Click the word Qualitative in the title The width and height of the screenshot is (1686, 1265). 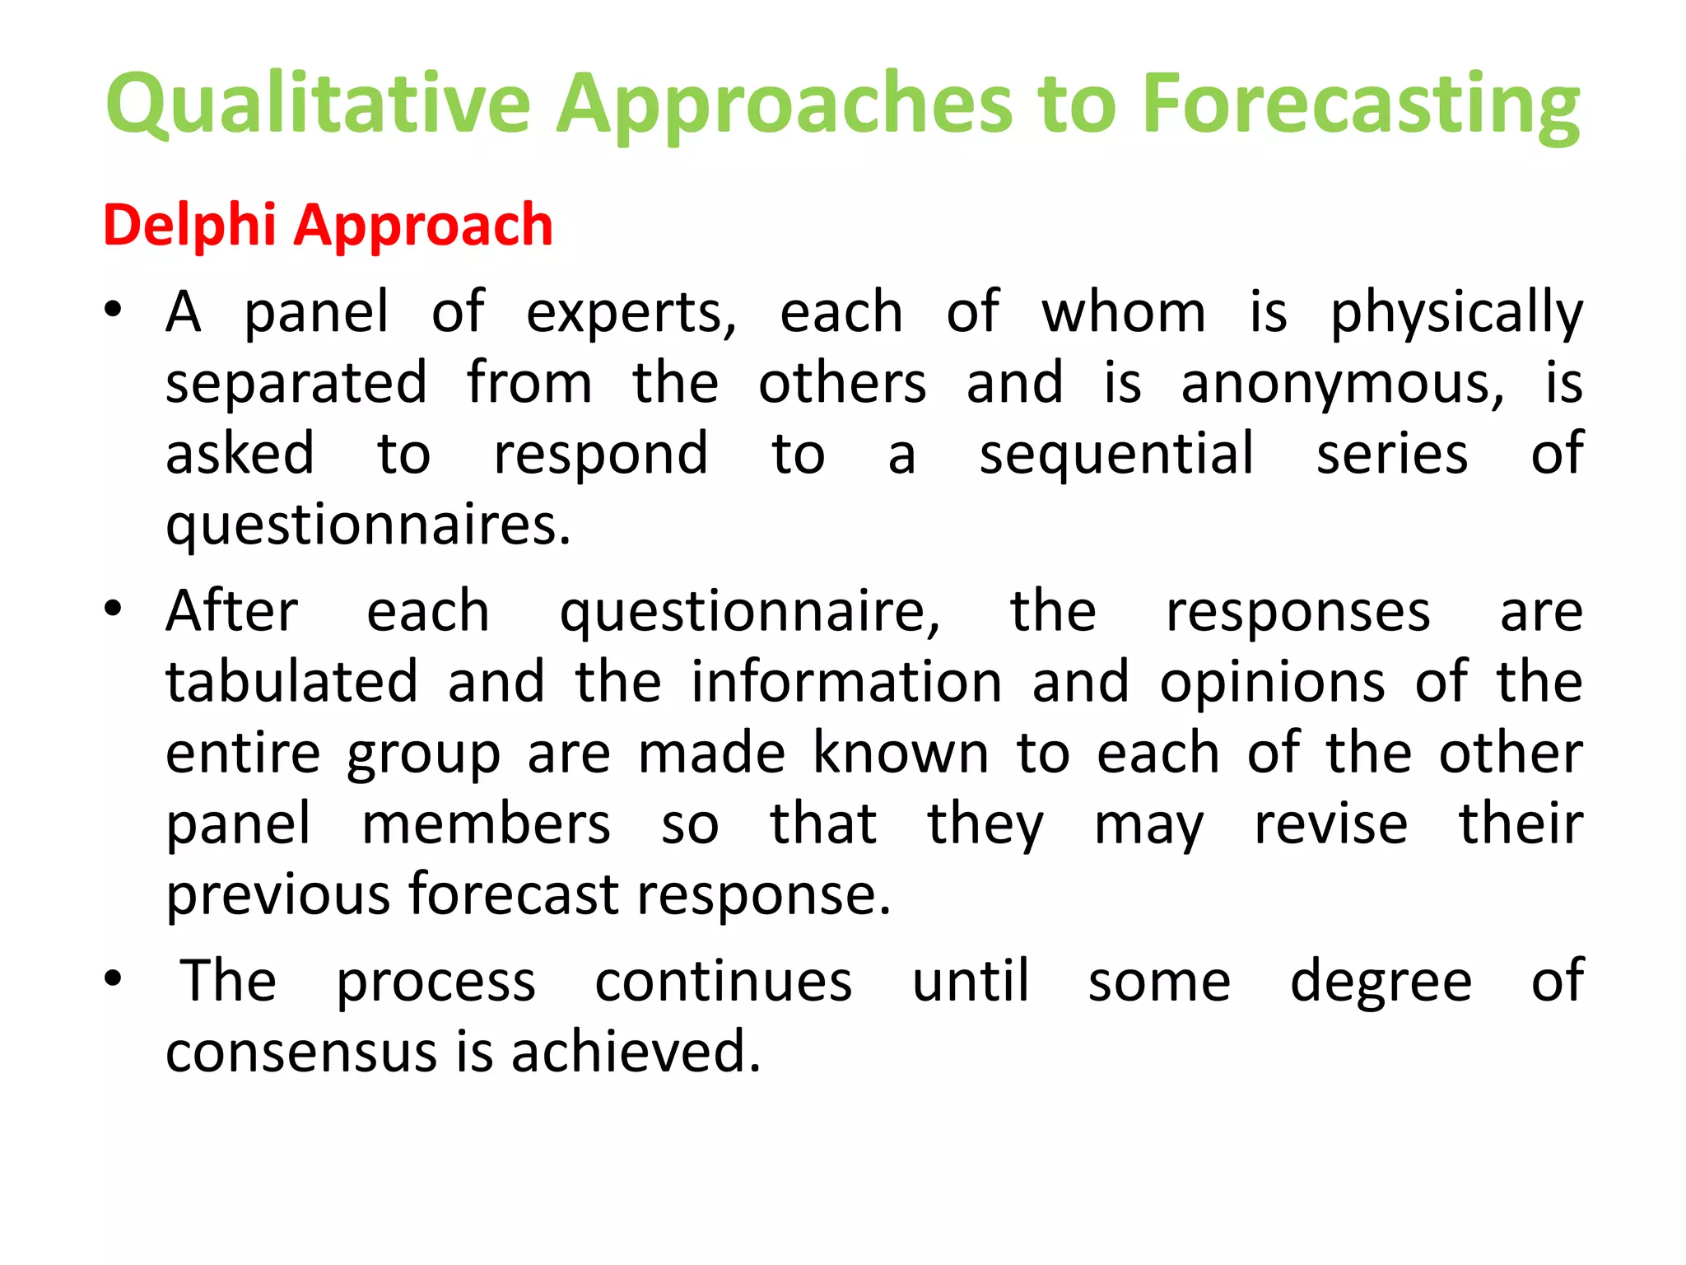(318, 105)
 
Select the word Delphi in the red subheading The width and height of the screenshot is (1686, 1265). (189, 225)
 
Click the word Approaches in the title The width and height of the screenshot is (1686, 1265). (784, 105)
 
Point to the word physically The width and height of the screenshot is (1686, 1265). (1456, 313)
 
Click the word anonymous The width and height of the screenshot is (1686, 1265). (1342, 385)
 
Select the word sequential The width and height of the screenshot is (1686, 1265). (1116, 454)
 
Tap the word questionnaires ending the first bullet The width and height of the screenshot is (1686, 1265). (367, 525)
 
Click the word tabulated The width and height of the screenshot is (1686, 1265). (292, 682)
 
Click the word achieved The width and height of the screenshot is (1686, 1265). (636, 1052)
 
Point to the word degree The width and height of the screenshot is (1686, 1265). (1381, 983)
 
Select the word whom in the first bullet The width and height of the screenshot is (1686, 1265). (1124, 313)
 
